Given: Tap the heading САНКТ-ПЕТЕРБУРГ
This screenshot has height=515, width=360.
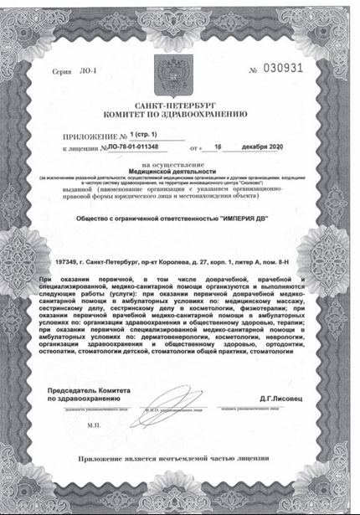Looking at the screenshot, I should [x=180, y=100].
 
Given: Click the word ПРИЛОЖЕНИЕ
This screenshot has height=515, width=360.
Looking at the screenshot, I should [x=93, y=136].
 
